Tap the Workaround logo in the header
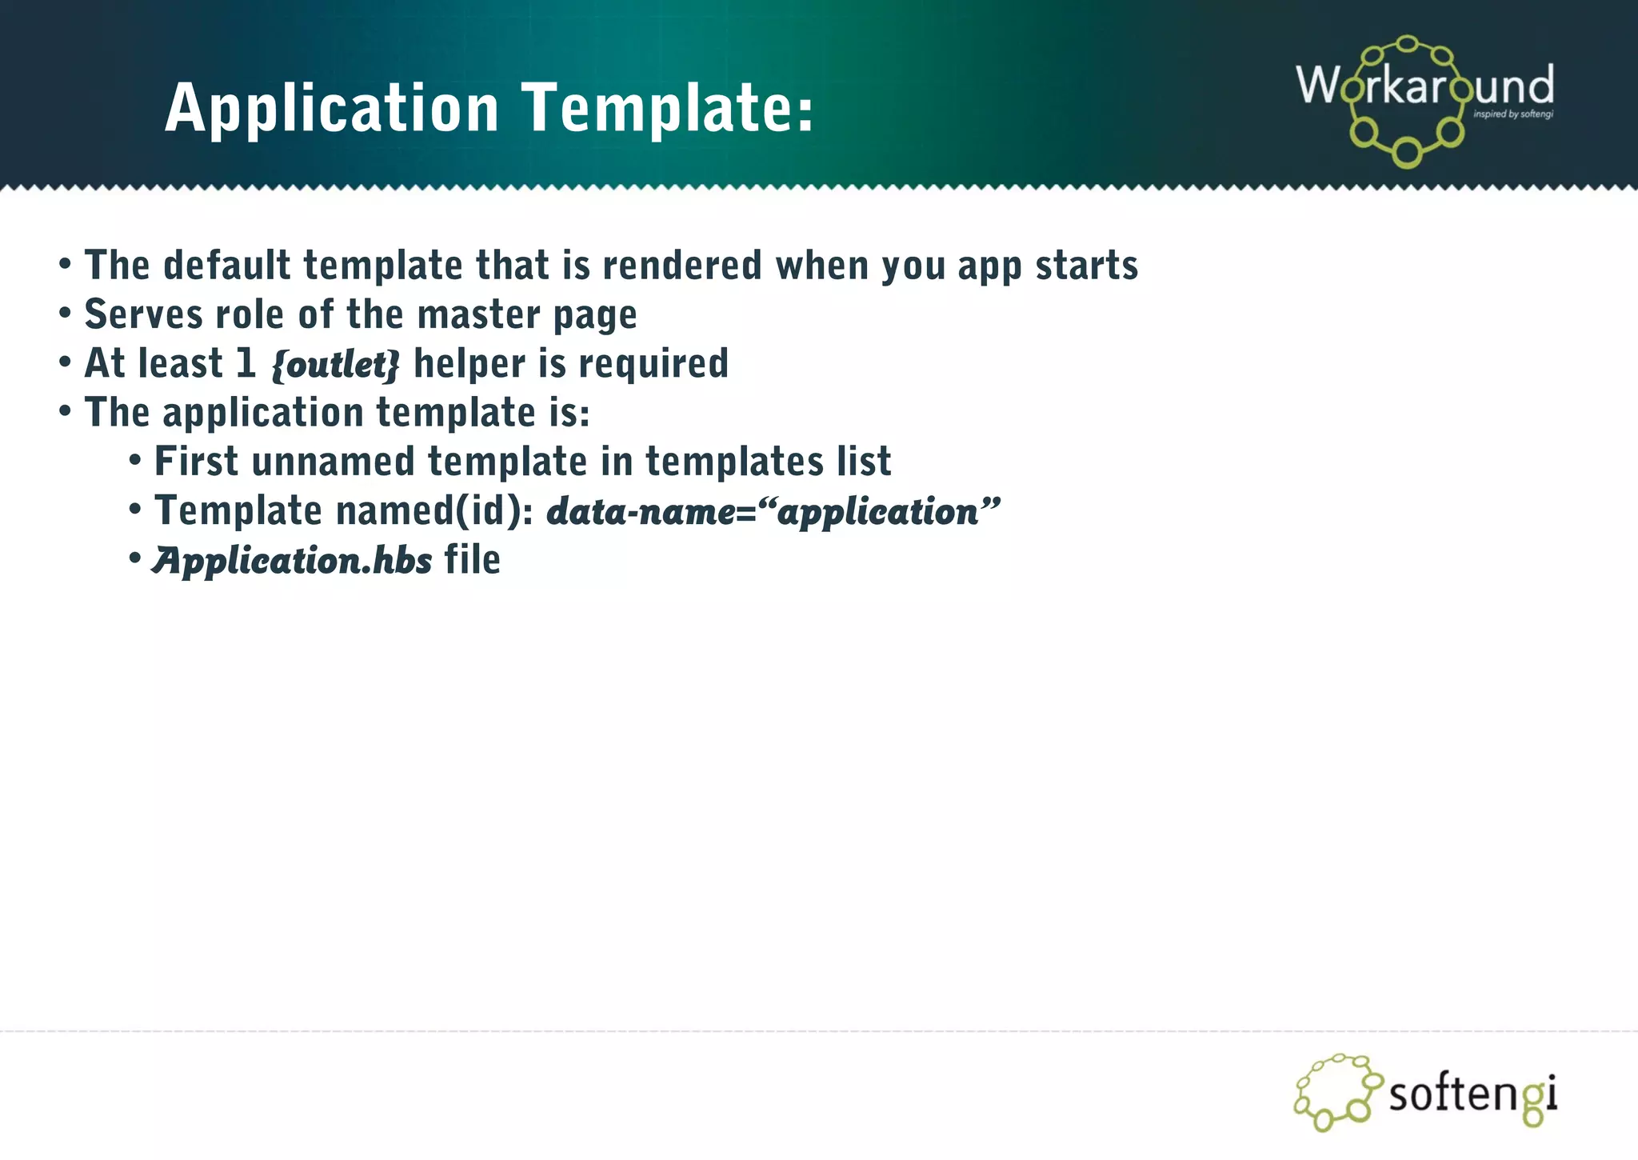(x=1424, y=100)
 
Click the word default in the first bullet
(x=226, y=265)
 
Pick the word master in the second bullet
(x=478, y=314)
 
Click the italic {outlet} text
(x=335, y=364)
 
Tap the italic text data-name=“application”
(x=773, y=511)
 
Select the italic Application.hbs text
(x=293, y=560)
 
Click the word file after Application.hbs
(x=472, y=559)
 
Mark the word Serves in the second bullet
(x=143, y=314)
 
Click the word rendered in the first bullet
(x=682, y=265)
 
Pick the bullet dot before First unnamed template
(x=135, y=461)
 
